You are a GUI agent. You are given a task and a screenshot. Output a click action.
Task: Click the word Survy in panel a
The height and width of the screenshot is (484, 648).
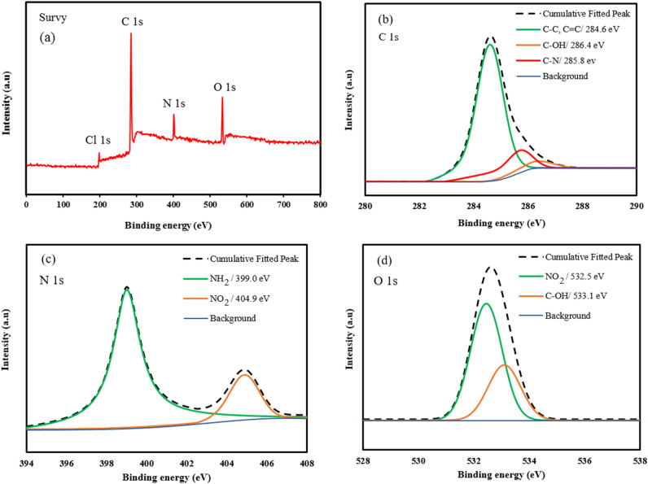tap(47, 15)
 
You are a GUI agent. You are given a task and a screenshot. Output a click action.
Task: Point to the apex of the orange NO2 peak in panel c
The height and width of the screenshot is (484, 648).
tap(245, 375)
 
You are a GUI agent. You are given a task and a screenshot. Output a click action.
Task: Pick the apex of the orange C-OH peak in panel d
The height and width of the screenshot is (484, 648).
tap(505, 364)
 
